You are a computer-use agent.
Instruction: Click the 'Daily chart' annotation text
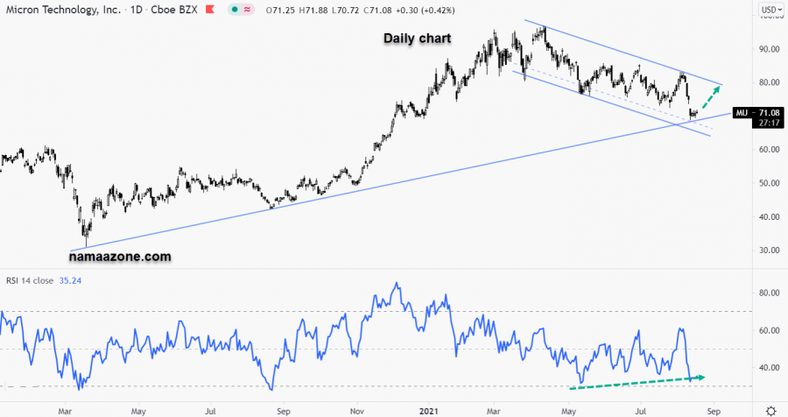(418, 39)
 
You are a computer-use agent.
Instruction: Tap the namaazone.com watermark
(120, 257)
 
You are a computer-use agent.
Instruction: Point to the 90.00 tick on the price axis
(770, 49)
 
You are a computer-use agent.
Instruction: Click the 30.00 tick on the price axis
(770, 250)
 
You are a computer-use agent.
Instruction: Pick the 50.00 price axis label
(770, 183)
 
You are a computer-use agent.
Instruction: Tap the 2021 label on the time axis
(429, 409)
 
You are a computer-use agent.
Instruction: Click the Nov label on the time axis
(356, 409)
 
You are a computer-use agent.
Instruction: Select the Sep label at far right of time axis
(714, 409)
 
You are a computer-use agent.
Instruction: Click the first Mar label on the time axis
(65, 409)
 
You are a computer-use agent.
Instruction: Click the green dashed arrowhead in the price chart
(721, 87)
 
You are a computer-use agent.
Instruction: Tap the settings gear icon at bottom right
(770, 409)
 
